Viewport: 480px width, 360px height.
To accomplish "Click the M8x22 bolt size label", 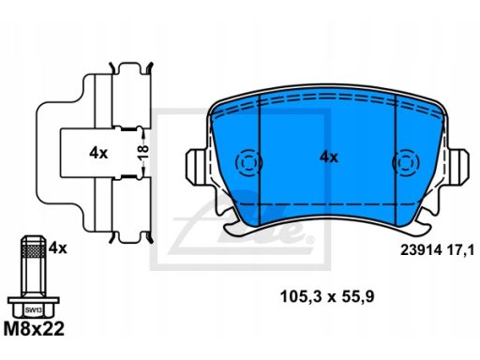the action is click(34, 329).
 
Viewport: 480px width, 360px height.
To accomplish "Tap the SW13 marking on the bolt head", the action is click(34, 310).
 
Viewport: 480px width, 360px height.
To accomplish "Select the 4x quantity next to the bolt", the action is click(58, 248).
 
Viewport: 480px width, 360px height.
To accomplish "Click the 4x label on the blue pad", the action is click(328, 157).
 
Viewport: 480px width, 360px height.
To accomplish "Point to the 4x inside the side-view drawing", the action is click(98, 153).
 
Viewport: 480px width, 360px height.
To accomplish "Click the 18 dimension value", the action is click(143, 153).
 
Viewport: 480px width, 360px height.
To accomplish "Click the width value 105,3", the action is click(301, 296).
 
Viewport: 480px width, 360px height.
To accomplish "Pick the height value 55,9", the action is click(358, 296).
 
